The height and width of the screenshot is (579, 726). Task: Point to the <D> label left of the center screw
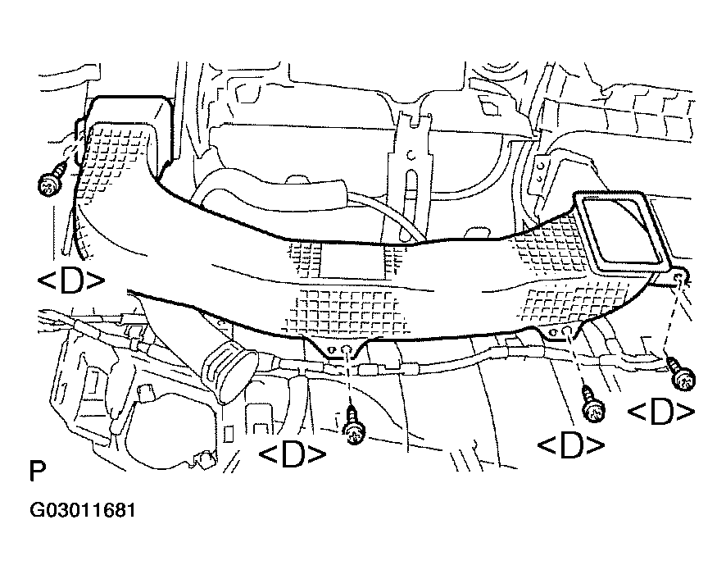tap(293, 455)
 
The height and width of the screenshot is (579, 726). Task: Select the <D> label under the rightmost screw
tap(661, 412)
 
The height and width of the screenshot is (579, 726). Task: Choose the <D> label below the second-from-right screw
tap(571, 445)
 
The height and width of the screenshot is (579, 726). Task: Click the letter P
tap(38, 472)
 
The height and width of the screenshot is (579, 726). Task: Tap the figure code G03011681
tap(83, 510)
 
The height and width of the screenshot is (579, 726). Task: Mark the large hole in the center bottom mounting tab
tap(346, 350)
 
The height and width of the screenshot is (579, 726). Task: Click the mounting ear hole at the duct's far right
tap(680, 278)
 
